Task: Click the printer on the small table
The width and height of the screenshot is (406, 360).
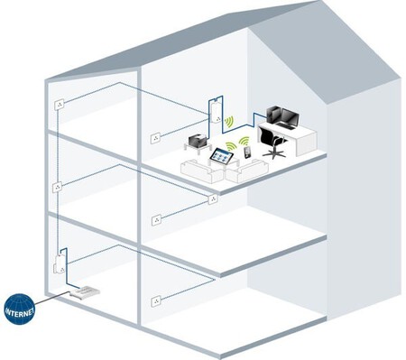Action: (198, 141)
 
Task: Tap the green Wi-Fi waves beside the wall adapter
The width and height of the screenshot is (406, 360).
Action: (231, 122)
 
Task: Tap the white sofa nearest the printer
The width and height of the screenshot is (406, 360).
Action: (197, 170)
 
